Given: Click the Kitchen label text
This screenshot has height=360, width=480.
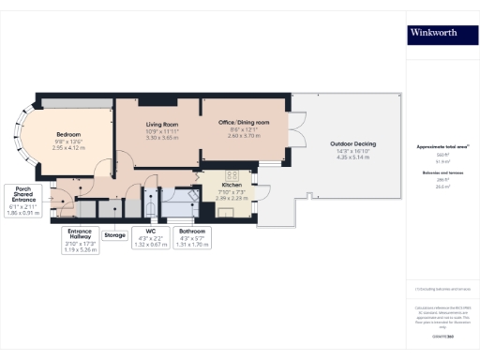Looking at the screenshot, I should [x=231, y=185].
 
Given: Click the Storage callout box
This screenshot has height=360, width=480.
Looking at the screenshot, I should [x=114, y=235].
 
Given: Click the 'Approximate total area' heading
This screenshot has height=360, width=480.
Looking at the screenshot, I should [x=442, y=147].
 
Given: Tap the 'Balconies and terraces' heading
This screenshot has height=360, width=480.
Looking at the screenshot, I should [x=442, y=173].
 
